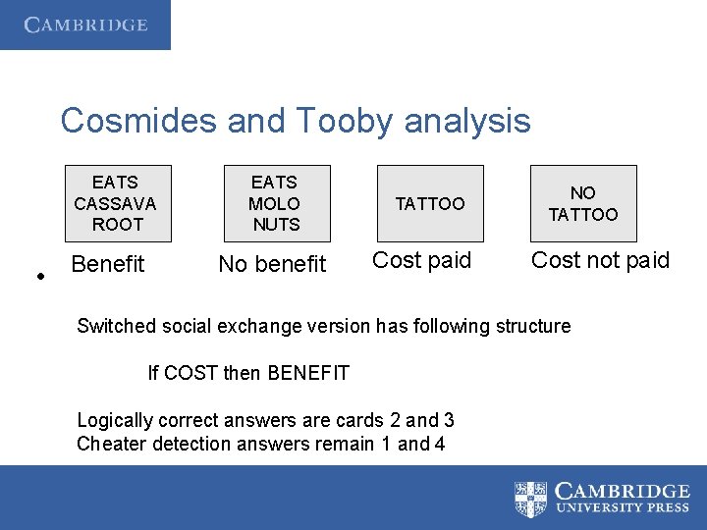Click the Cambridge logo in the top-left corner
(x=85, y=25)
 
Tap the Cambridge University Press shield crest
(x=531, y=499)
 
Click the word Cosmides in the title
(x=138, y=122)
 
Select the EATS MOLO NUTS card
(x=275, y=203)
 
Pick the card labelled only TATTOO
(x=430, y=203)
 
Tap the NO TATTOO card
(x=583, y=203)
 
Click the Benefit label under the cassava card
(x=108, y=264)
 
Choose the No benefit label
(x=272, y=264)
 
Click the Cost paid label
(x=422, y=260)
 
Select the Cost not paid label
(x=600, y=260)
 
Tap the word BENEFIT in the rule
(x=306, y=373)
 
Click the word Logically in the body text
(x=115, y=420)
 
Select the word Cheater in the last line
(x=109, y=444)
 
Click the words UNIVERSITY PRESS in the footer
(x=622, y=508)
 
